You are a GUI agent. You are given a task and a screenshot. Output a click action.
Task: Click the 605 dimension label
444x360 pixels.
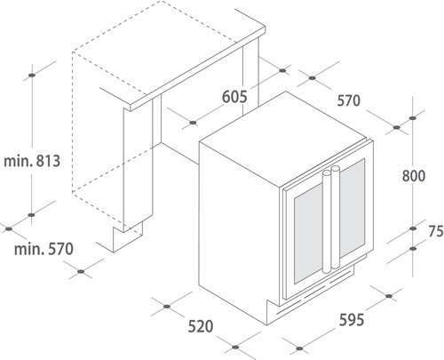[x=234, y=97]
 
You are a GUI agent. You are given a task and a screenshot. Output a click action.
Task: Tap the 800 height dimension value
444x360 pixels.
[x=414, y=176]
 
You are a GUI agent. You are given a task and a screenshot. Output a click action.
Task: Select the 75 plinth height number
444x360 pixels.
[x=436, y=231]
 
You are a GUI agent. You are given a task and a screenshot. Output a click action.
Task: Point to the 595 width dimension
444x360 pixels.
[x=352, y=320]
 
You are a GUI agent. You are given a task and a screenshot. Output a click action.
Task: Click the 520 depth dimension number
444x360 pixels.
[x=201, y=326]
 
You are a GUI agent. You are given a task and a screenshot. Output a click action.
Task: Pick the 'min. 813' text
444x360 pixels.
[x=32, y=161]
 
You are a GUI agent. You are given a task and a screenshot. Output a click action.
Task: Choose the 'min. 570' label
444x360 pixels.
[x=44, y=249]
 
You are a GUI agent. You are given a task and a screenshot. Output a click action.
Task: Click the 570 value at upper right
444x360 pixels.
[x=349, y=100]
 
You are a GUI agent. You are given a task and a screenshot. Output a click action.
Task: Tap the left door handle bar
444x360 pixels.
[x=327, y=221]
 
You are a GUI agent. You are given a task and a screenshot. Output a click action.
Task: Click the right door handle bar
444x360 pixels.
[x=336, y=217]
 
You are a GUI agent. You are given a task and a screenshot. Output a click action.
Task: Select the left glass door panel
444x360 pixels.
[x=308, y=234]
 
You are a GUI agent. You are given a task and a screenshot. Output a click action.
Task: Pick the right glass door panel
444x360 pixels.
[x=352, y=207]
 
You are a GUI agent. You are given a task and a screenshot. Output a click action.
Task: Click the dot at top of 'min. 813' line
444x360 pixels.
[x=32, y=75]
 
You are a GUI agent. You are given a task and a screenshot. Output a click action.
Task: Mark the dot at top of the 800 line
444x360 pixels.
[x=413, y=118]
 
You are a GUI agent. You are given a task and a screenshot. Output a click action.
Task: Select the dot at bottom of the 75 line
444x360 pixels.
[x=413, y=249]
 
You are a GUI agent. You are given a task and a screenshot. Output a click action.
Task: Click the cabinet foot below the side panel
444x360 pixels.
[x=127, y=236]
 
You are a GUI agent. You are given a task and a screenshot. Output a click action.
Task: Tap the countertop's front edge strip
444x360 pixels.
[x=198, y=68]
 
